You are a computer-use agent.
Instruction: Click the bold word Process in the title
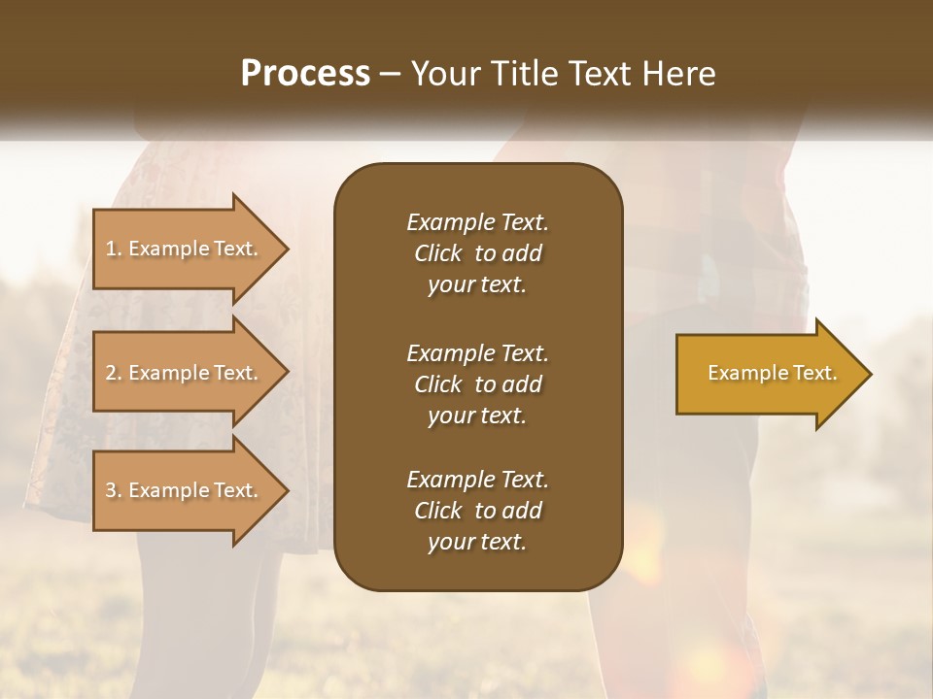(x=305, y=74)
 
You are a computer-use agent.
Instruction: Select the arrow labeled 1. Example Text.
(x=185, y=249)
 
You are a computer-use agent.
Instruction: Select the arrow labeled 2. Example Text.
(x=185, y=373)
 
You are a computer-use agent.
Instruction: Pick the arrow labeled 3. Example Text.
(x=185, y=490)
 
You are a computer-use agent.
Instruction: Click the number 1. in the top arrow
(x=114, y=249)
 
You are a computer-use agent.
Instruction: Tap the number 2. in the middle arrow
(x=114, y=373)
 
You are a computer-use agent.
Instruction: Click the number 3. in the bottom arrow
(x=114, y=490)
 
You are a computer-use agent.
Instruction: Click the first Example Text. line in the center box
(x=477, y=222)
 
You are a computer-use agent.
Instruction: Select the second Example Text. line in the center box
(x=477, y=352)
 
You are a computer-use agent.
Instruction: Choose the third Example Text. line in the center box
(x=477, y=480)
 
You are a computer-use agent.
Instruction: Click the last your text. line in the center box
(x=477, y=543)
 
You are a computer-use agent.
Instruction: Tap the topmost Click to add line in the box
(x=477, y=253)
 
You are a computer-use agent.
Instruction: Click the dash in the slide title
(x=391, y=74)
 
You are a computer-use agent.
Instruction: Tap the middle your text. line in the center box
(x=477, y=416)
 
